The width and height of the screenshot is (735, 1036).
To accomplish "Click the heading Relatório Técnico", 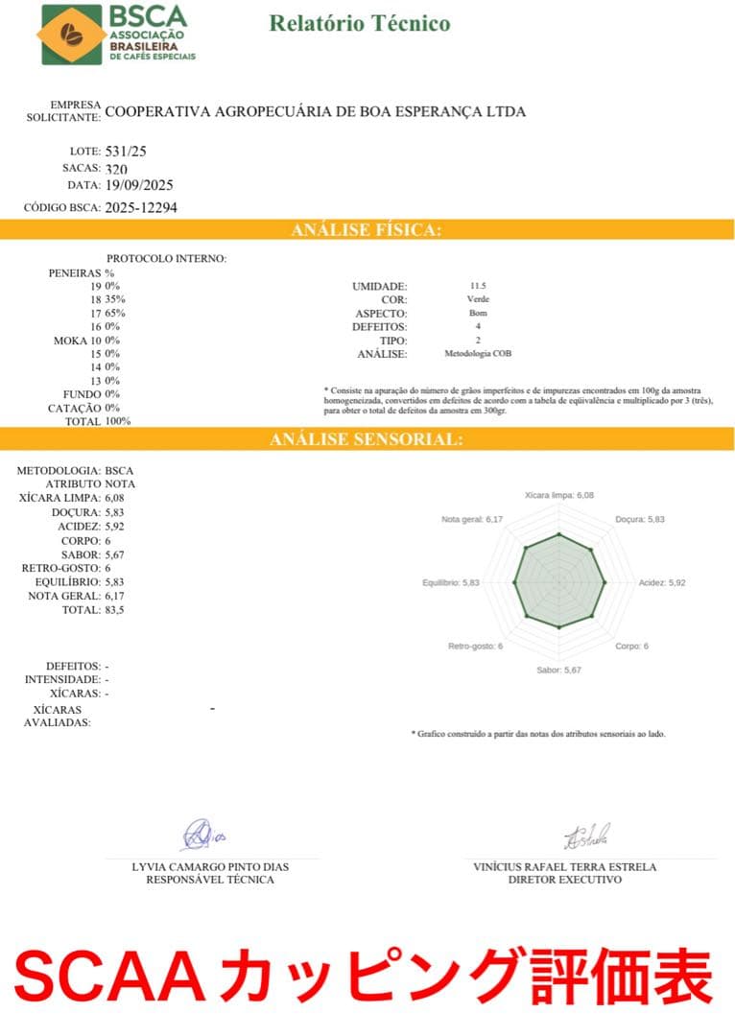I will [359, 24].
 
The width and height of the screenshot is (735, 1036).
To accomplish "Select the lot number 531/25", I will [126, 152].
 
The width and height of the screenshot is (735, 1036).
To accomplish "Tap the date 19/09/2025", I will [139, 185].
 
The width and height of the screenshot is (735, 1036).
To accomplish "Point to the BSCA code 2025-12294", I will [140, 206].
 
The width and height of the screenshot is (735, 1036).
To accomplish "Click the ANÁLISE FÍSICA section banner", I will [367, 230].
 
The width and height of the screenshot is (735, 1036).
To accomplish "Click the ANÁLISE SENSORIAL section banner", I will [367, 439].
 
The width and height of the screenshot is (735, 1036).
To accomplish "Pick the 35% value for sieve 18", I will [115, 299].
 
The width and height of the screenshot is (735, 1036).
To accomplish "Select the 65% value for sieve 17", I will [115, 313].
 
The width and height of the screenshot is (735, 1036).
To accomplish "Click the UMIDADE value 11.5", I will [478, 286].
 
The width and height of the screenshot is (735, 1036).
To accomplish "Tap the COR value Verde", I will [478, 299].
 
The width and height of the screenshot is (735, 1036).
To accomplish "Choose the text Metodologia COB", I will [478, 354].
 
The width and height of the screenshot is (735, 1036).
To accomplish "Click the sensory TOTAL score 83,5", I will [116, 609].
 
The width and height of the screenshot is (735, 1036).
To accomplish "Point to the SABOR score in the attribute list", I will [114, 554].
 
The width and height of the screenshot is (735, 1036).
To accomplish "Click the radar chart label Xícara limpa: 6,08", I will [559, 495].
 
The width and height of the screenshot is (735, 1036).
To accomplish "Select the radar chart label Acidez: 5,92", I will [663, 582].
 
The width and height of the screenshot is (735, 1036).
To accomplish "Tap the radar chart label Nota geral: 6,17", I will [472, 519].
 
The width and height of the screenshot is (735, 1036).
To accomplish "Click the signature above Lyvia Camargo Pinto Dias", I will [202, 835].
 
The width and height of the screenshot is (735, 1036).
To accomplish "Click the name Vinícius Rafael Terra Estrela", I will [564, 867].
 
